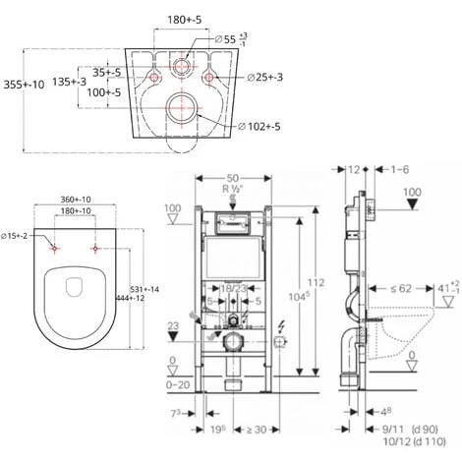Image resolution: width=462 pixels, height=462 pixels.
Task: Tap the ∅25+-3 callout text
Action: click(265, 77)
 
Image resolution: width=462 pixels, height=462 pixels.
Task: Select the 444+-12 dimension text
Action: click(143, 298)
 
